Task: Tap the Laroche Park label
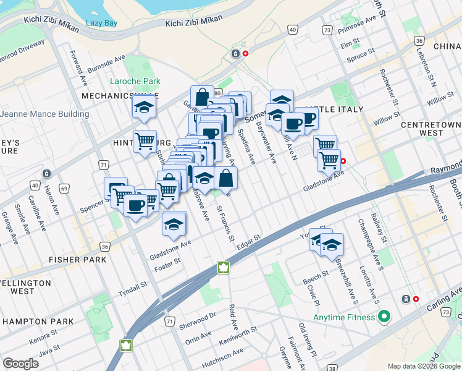(x=135, y=81)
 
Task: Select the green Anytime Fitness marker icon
(x=384, y=318)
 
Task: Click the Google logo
(x=21, y=363)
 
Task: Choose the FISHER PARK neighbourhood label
(x=78, y=260)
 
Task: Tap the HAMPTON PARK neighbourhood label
(x=38, y=322)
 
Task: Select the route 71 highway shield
(x=103, y=164)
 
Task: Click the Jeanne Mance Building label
(x=44, y=114)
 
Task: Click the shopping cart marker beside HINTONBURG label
(x=145, y=141)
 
